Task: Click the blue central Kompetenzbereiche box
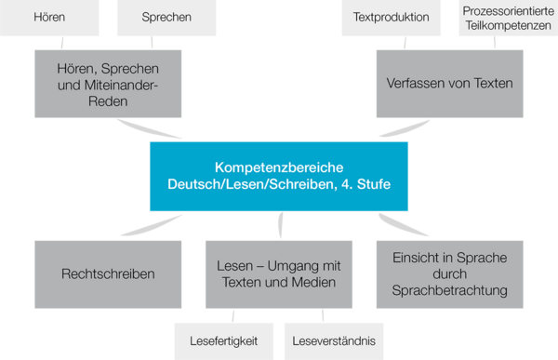click(x=278, y=176)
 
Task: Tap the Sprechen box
click(x=166, y=17)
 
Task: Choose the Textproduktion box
click(x=392, y=17)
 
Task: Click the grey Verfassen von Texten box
click(x=450, y=83)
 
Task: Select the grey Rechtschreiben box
click(x=109, y=274)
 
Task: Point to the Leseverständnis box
click(x=332, y=340)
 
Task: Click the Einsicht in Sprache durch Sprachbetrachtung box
click(x=450, y=274)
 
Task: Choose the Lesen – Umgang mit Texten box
click(x=279, y=274)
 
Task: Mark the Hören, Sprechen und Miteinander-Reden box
click(x=109, y=83)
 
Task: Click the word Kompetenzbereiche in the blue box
click(x=278, y=167)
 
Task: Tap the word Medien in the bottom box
click(x=314, y=283)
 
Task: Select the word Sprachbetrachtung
click(x=450, y=291)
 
